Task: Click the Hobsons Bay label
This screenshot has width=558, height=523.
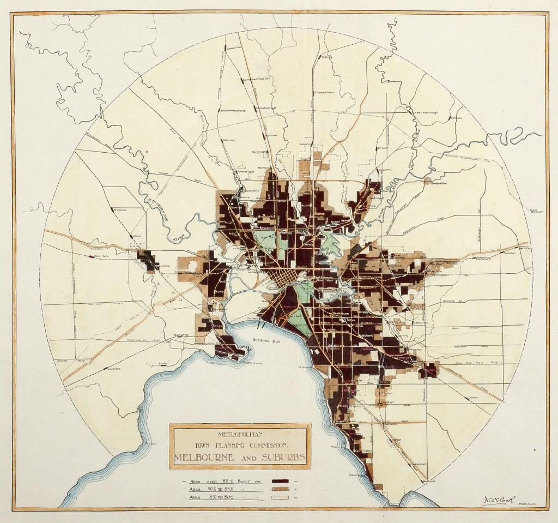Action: [266, 341]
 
